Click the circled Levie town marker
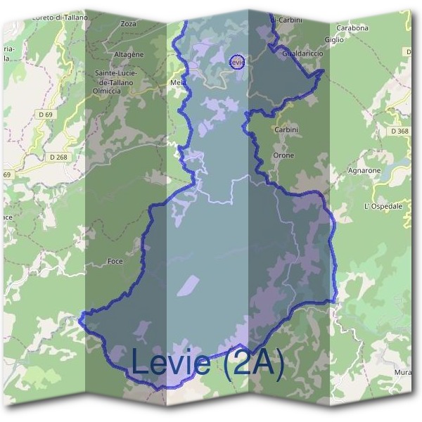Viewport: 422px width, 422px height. click(237, 62)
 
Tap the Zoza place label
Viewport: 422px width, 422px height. click(128, 24)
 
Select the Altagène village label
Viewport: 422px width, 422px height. click(129, 54)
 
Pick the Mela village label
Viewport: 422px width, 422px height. click(177, 82)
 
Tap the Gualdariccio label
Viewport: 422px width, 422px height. click(300, 53)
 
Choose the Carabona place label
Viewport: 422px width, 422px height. click(352, 28)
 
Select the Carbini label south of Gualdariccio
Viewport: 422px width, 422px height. click(286, 130)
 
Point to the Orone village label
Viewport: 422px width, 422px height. click(283, 155)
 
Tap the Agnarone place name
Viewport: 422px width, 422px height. click(364, 171)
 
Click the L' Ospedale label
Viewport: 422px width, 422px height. click(383, 206)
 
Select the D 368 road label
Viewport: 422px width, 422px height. click(399, 131)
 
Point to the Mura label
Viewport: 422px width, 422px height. click(402, 371)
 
